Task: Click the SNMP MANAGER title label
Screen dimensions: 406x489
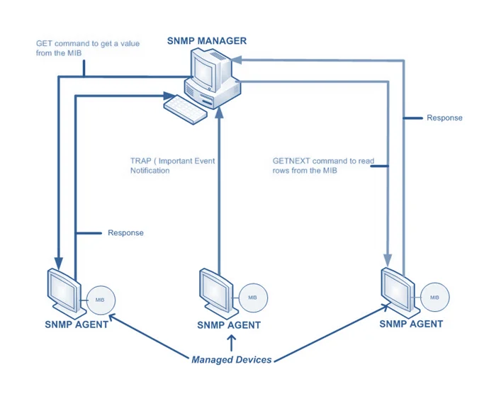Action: coord(207,40)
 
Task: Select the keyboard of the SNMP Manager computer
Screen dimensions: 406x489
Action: coord(186,108)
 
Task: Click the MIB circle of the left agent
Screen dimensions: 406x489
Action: coord(101,300)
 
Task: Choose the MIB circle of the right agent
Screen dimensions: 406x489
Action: coord(434,296)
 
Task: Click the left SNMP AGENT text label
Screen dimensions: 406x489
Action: coord(77,325)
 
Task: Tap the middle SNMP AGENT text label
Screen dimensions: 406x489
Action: coord(229,325)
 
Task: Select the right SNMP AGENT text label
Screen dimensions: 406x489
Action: coord(411,324)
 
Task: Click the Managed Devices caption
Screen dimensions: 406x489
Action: coord(231,359)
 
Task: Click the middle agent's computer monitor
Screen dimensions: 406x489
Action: coord(215,287)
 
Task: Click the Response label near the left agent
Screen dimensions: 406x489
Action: coord(125,232)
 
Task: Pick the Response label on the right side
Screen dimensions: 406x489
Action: coord(444,118)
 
